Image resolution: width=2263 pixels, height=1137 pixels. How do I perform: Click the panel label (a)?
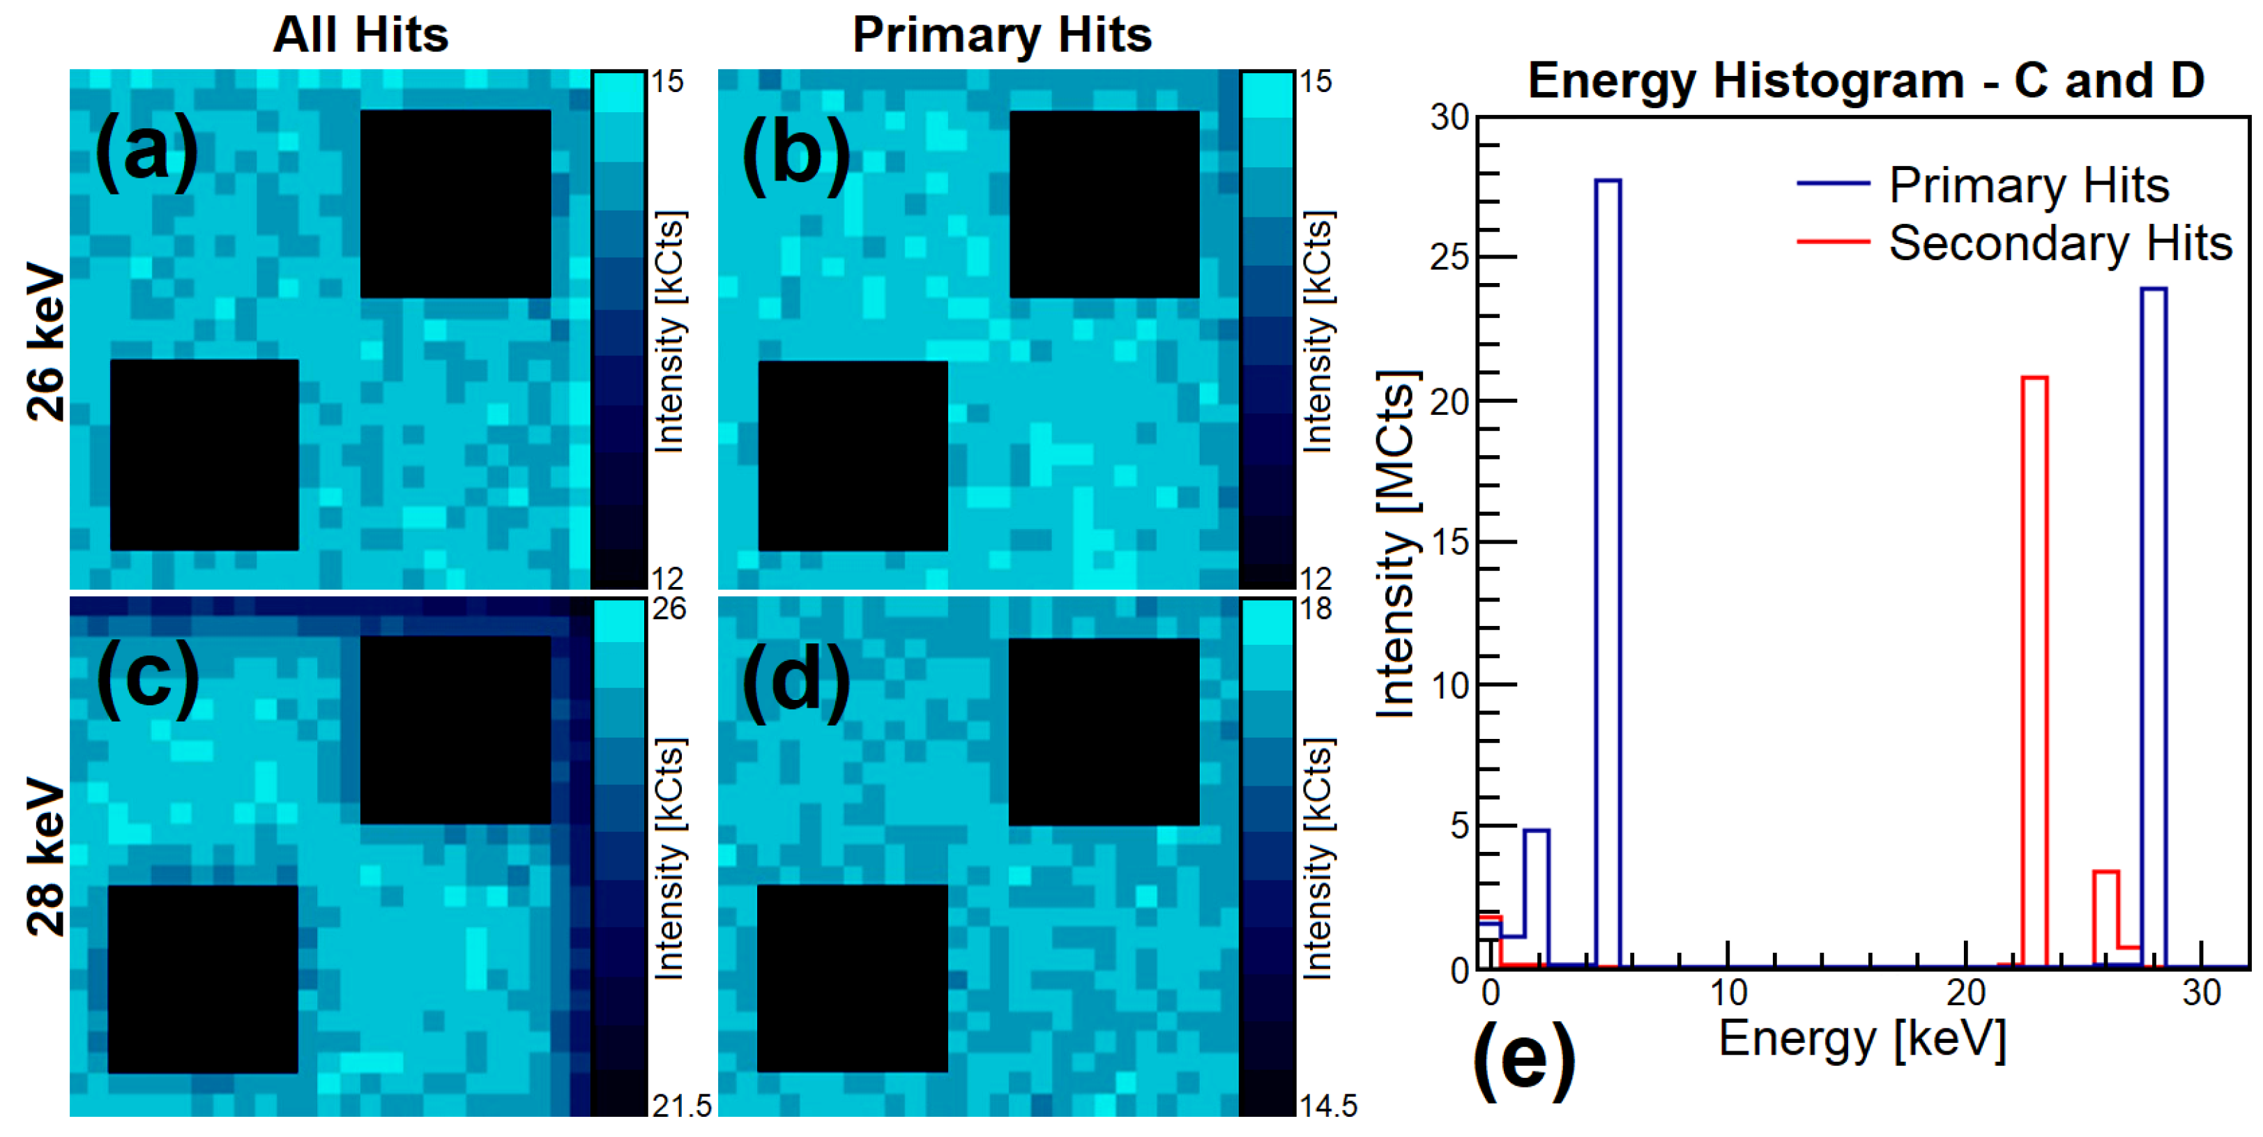pos(146,152)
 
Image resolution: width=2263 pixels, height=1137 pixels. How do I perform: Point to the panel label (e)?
pos(1523,1060)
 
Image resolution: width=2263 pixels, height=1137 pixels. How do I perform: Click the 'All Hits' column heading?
pos(360,35)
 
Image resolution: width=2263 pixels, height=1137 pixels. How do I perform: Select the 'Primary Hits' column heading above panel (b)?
pos(1002,35)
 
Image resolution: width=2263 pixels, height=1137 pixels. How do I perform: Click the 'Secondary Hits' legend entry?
pos(2060,243)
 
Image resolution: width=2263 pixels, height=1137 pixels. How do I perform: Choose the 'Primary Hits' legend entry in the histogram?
pos(2029,185)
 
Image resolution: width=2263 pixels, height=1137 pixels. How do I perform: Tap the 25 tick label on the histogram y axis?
pos(1450,257)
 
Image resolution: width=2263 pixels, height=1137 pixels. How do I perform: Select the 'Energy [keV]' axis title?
pos(1862,1039)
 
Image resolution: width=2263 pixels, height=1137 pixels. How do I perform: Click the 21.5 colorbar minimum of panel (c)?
pos(682,1106)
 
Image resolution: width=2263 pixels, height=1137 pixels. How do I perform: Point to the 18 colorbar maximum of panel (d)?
pos(1316,608)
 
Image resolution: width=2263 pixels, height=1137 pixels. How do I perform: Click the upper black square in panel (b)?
pos(1104,204)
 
